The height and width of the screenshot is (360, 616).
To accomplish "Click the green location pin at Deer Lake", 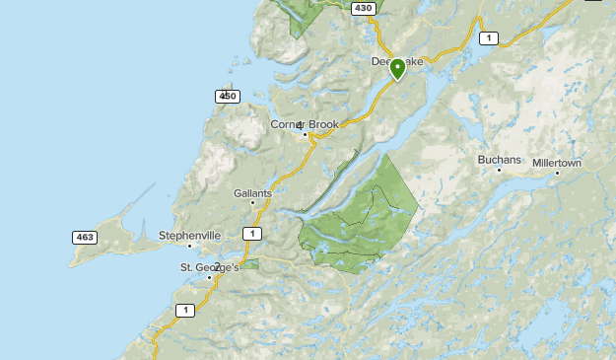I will (x=397, y=68).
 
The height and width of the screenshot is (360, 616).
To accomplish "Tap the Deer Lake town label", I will (x=396, y=61).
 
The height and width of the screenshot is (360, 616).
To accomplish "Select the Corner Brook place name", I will (x=305, y=124).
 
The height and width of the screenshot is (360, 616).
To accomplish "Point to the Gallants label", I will (x=252, y=192).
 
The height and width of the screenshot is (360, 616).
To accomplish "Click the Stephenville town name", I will (x=188, y=236).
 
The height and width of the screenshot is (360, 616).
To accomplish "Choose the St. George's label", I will (x=209, y=267).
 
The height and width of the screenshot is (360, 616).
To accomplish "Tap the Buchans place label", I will (x=497, y=159).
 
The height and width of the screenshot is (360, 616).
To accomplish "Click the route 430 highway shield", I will (x=364, y=8).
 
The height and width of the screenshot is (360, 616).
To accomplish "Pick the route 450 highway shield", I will (x=227, y=96).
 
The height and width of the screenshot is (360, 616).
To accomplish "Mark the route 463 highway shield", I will (x=84, y=237).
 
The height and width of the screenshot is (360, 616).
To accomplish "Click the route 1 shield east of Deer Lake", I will (x=487, y=37).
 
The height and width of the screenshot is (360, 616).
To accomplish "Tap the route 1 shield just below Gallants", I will (x=252, y=233).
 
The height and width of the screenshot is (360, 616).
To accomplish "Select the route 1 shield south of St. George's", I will (x=184, y=310).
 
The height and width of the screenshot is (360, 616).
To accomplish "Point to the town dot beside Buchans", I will (x=499, y=170).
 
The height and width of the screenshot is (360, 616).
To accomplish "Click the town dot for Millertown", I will (x=557, y=174).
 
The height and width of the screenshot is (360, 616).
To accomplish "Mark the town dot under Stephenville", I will (x=189, y=246).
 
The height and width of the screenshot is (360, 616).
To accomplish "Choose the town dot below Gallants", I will (x=253, y=202).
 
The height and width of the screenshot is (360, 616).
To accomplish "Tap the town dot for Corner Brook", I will (x=306, y=134).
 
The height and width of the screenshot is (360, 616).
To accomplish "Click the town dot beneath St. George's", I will (x=210, y=277).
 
